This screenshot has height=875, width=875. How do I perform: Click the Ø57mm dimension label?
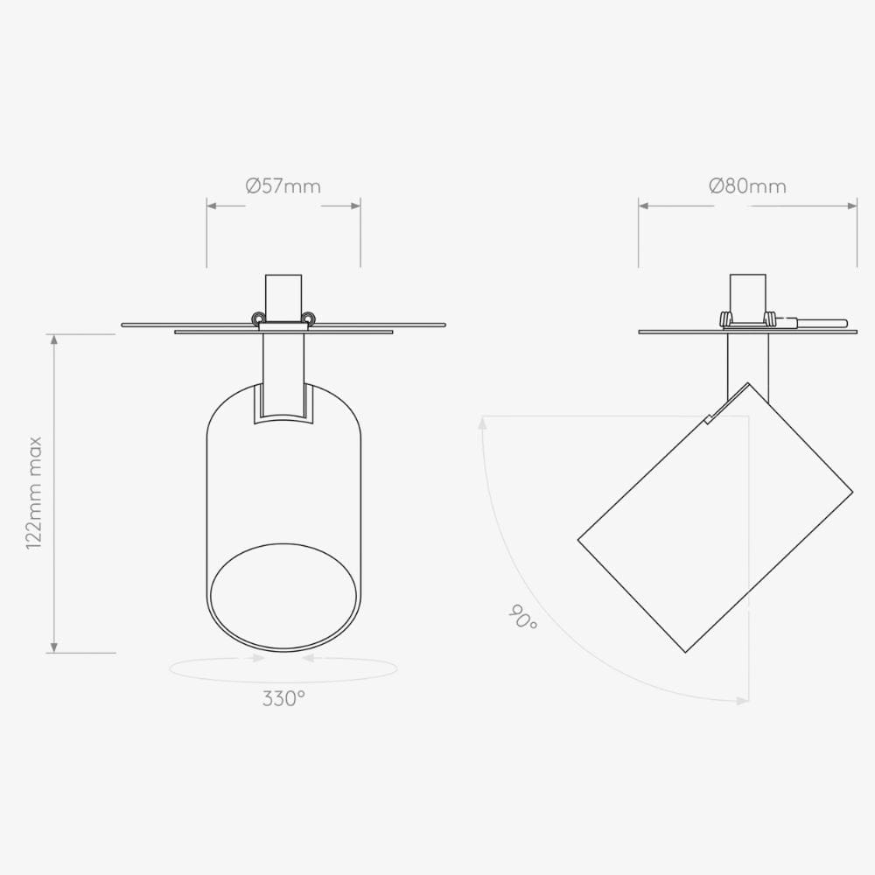[283, 186]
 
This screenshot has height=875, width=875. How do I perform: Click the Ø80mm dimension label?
[747, 186]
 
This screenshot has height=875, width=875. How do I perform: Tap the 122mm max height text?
[35, 493]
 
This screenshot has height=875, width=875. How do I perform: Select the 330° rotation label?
[283, 698]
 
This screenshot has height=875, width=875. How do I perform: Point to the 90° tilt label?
[522, 619]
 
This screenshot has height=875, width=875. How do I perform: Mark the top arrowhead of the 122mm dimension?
[55, 339]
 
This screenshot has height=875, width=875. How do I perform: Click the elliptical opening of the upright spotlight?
[283, 598]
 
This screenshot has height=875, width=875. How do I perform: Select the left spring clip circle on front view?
[258, 318]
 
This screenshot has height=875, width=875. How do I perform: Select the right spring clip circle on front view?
[308, 318]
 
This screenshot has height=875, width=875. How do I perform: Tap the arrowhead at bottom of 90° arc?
[743, 700]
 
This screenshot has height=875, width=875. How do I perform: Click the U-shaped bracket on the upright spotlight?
[283, 404]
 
